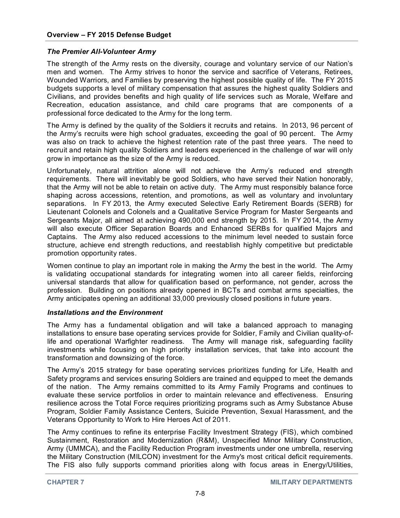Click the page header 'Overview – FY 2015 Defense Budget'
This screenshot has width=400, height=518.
click(109, 35)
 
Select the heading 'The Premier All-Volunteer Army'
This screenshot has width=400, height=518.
click(101, 52)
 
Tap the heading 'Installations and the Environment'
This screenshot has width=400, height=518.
click(105, 313)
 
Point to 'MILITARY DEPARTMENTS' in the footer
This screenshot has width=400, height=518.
click(311, 482)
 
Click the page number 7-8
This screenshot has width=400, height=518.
click(200, 493)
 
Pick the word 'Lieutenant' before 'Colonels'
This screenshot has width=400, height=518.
click(64, 212)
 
